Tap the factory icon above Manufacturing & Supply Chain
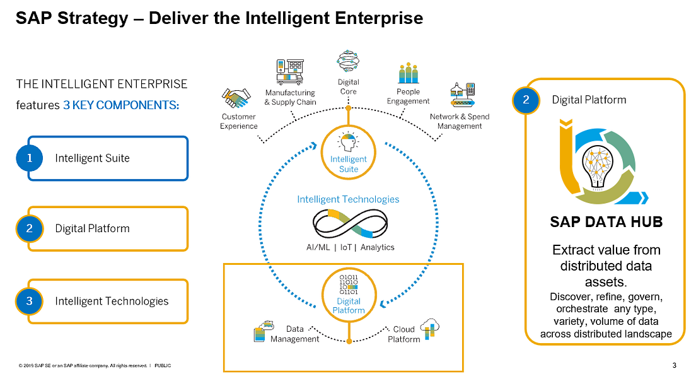[289, 73]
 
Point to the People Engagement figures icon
[408, 74]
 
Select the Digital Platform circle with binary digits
[348, 292]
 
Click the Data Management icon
[264, 332]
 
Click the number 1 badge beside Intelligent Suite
[29, 158]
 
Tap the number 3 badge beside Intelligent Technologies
[29, 301]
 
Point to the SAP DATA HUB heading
[606, 222]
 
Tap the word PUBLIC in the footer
[163, 366]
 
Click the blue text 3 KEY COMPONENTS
[121, 105]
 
